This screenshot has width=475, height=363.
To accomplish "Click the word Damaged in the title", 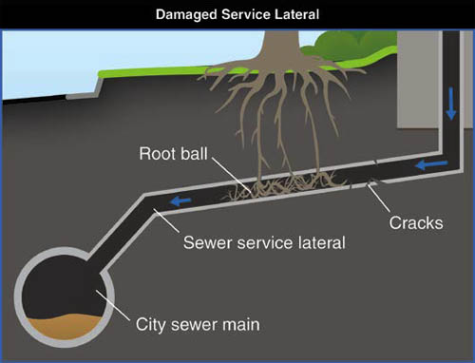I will [179, 13].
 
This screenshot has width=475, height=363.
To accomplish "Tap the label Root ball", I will [170, 153].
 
